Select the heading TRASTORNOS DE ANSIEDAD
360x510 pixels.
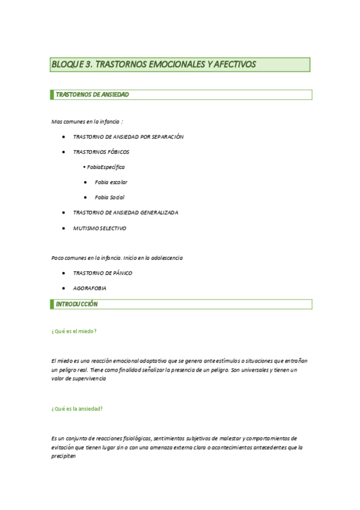point(92,94)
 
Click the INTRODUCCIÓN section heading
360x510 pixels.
point(76,304)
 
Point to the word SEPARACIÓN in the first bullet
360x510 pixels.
point(163,137)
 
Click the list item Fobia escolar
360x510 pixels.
point(111,182)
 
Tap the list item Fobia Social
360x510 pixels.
point(109,197)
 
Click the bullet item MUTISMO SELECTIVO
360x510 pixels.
point(99,228)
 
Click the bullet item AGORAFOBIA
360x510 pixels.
point(90,289)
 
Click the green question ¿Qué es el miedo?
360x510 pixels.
point(75,331)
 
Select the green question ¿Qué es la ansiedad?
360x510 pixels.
point(77,408)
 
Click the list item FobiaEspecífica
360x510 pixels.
point(106,167)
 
